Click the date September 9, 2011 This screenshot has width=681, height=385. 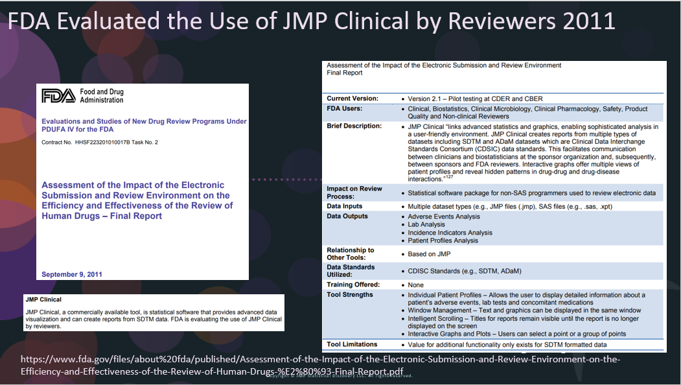pyautogui.click(x=72, y=274)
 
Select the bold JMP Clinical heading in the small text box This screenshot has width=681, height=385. pyautogui.click(x=43, y=300)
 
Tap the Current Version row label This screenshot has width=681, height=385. pyautogui.click(x=352, y=99)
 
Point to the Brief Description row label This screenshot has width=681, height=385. pyautogui.click(x=354, y=126)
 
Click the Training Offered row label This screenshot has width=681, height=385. pyautogui.click(x=353, y=285)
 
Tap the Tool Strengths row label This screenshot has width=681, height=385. pyautogui.click(x=350, y=295)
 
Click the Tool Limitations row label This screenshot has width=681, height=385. pyautogui.click(x=352, y=344)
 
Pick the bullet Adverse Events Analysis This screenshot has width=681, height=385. pyautogui.click(x=444, y=216)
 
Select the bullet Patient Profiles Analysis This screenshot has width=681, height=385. pyautogui.click(x=443, y=240)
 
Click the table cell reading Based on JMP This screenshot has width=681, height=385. pyautogui.click(x=428, y=254)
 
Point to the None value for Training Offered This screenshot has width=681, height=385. pyautogui.click(x=415, y=285)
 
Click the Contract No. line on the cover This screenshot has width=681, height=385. pyautogui.click(x=99, y=141)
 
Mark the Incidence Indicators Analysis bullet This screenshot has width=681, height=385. pyautogui.click(x=450, y=233)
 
